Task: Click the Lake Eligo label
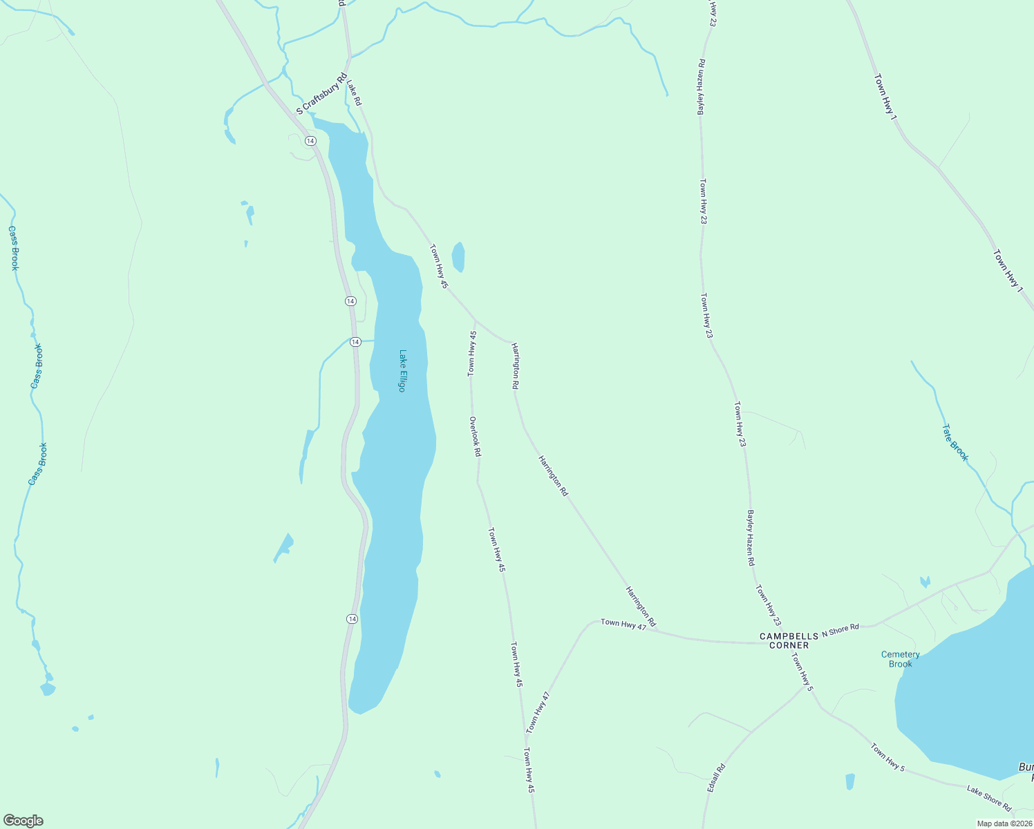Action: (402, 371)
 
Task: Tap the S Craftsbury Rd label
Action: (321, 95)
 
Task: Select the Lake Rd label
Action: (355, 93)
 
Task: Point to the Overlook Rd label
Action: (475, 437)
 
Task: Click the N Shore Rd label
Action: (840, 629)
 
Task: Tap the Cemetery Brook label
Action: (900, 659)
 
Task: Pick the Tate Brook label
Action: (955, 443)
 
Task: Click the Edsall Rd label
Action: (716, 778)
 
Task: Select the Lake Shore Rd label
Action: (988, 799)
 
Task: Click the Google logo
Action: (23, 821)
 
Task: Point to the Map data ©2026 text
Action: (1004, 823)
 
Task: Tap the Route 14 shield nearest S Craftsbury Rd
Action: (310, 141)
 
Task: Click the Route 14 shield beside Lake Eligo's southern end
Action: (352, 619)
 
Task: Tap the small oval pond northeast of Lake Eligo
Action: (458, 257)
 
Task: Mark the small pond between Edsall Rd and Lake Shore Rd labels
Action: (849, 781)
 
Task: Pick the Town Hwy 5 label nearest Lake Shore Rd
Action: (887, 757)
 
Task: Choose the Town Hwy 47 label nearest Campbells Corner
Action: (623, 624)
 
